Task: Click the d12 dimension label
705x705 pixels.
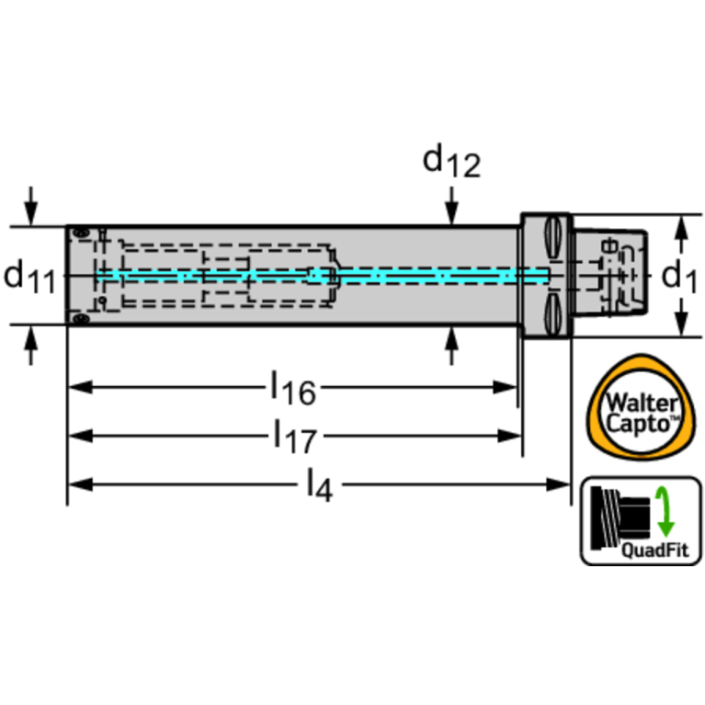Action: click(x=450, y=162)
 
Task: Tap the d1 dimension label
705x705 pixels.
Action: click(x=679, y=277)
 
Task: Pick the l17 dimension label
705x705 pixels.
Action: click(x=293, y=436)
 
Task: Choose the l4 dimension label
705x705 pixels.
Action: click(x=316, y=483)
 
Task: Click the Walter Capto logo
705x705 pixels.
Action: click(x=640, y=408)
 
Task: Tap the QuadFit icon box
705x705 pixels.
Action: click(x=640, y=520)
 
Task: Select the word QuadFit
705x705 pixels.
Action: click(x=653, y=551)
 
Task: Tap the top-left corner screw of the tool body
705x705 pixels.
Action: click(x=81, y=233)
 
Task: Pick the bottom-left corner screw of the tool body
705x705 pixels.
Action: click(x=81, y=319)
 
